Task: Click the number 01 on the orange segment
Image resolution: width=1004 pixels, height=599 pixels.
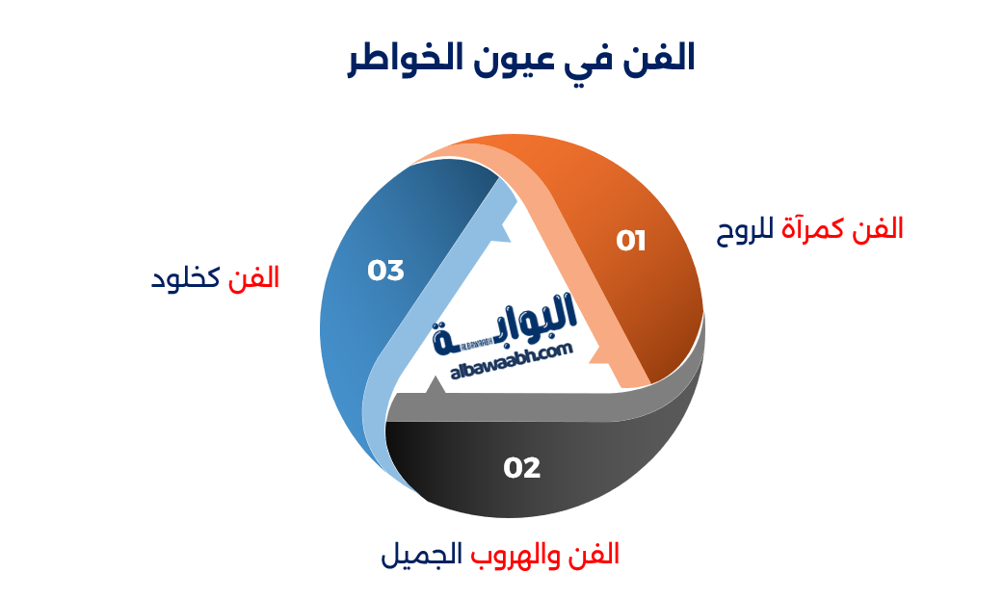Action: (631, 241)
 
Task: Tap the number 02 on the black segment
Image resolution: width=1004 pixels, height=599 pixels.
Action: (521, 468)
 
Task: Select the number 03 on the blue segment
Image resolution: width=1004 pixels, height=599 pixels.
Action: (385, 271)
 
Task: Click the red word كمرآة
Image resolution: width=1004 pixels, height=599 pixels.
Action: (818, 228)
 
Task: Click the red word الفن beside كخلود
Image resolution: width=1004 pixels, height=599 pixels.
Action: (253, 278)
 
